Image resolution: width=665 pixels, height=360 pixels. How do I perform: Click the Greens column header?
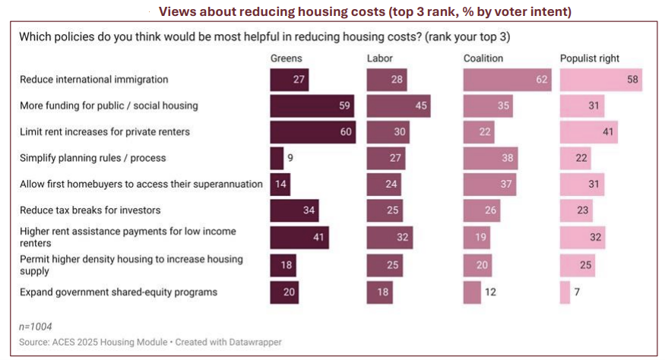click(x=287, y=58)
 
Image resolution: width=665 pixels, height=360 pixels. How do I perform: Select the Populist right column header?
click(x=590, y=58)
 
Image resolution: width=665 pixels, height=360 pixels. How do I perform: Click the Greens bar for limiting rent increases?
click(x=312, y=132)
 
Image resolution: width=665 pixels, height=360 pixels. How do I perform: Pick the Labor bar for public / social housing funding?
click(x=398, y=106)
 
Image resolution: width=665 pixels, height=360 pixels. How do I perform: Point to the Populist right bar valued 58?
click(x=600, y=80)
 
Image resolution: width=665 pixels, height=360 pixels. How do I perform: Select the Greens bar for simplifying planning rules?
click(x=276, y=158)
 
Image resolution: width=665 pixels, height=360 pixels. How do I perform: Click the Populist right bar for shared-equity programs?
click(x=565, y=292)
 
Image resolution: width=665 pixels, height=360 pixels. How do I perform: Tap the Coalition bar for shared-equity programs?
click(x=472, y=292)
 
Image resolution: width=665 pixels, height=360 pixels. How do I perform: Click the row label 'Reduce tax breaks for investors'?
click(x=90, y=210)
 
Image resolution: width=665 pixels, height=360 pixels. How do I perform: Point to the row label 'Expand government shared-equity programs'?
click(x=119, y=292)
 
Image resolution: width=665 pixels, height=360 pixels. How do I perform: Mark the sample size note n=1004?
click(x=36, y=326)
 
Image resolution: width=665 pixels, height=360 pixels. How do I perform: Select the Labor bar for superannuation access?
click(x=388, y=183)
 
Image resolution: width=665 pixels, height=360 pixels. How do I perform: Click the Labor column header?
click(x=380, y=58)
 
